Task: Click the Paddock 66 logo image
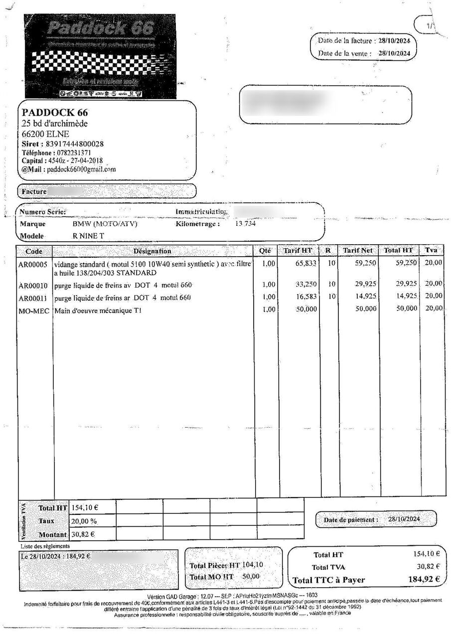point(100,56)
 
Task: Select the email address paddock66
point(82,169)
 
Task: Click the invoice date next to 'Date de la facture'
point(394,40)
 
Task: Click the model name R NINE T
point(88,236)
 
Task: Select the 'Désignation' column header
point(152,251)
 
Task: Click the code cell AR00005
point(33,264)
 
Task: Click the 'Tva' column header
point(432,250)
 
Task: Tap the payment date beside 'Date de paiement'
point(404,519)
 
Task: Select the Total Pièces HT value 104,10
point(253,565)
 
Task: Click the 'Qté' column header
point(265,251)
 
